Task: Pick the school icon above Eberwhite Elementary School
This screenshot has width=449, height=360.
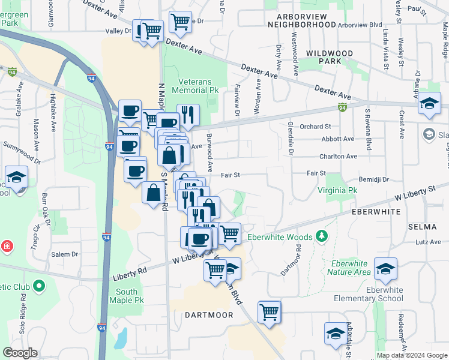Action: tap(385, 269)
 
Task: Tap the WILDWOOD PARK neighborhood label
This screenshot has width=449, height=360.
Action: tap(329, 57)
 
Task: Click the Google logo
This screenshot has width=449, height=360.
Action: tap(20, 353)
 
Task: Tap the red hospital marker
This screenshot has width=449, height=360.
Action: tap(6, 246)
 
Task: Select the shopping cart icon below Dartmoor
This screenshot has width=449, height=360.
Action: tap(270, 312)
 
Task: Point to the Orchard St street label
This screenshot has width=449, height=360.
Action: tap(315, 127)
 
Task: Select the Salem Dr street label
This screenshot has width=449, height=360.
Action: tap(65, 254)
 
